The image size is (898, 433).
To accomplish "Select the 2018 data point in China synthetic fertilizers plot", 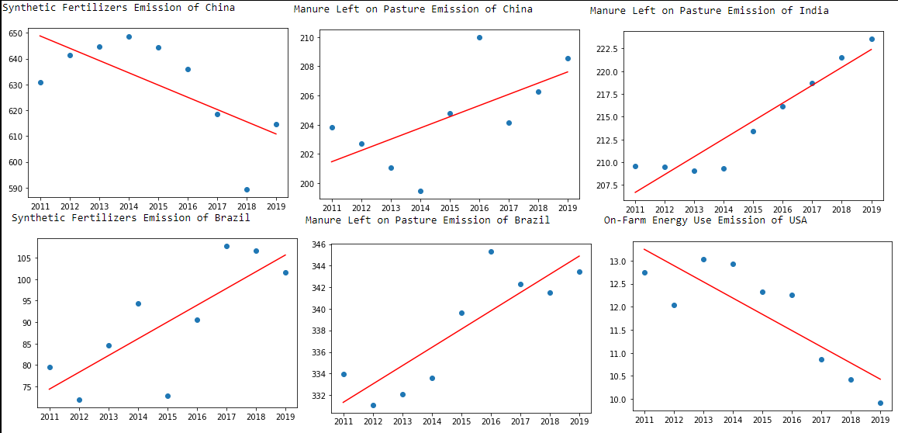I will tap(247, 189).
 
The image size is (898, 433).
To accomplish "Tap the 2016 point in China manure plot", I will tap(479, 37).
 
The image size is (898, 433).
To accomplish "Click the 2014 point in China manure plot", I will tap(420, 191).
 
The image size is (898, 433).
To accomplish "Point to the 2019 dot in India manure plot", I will tap(872, 39).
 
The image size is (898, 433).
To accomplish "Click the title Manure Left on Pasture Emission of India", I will tap(709, 11).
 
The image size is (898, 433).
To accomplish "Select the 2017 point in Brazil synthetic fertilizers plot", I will tap(226, 246).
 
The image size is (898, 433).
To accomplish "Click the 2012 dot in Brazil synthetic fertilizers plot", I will tap(79, 400).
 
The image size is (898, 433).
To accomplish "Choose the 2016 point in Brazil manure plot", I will tap(491, 251).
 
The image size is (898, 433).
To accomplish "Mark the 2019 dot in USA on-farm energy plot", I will tap(880, 403).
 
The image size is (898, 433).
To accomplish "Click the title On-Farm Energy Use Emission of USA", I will tap(705, 220).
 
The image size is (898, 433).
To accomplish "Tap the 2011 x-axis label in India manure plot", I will tap(635, 210).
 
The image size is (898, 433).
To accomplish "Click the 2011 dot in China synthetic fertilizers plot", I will tap(40, 82).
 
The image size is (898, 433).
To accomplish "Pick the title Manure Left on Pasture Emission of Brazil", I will tap(427, 220).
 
